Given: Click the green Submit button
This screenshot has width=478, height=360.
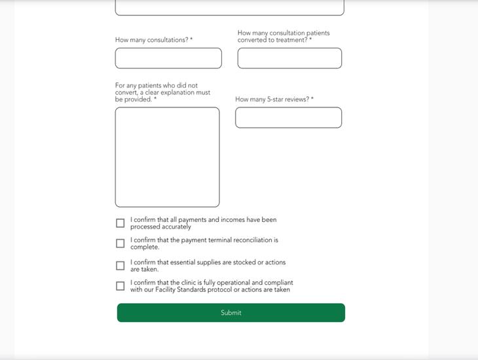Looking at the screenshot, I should [x=230, y=313].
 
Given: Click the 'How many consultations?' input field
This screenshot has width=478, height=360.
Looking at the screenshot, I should [x=168, y=58].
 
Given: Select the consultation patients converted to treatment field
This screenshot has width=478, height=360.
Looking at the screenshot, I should [x=289, y=58].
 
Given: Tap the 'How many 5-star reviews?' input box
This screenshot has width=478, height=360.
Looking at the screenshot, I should [x=288, y=118].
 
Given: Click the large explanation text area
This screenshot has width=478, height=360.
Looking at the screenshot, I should [x=167, y=157].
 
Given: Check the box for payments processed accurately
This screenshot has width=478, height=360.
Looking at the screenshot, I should [x=120, y=223].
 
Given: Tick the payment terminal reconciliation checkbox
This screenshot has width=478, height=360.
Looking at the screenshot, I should [x=120, y=243].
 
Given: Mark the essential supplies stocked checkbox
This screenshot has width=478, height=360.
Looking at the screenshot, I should [x=120, y=266].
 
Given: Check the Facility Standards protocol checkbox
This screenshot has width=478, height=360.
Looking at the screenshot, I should [x=120, y=286].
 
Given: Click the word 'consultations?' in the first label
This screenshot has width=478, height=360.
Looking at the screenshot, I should [x=168, y=40].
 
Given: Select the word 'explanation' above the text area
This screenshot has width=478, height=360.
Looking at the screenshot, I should [x=177, y=93].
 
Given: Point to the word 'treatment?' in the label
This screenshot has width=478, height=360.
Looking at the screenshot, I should [x=291, y=40].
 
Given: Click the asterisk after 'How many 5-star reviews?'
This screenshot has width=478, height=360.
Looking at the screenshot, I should [x=312, y=99].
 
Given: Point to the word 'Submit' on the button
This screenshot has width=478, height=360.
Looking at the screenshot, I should [x=230, y=313].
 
